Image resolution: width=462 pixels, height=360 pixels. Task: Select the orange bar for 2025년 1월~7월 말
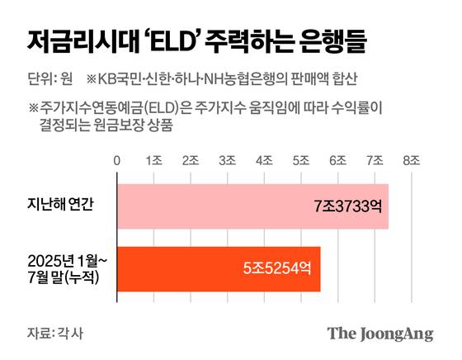(218, 268)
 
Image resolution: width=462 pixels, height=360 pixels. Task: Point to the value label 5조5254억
(277, 268)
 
